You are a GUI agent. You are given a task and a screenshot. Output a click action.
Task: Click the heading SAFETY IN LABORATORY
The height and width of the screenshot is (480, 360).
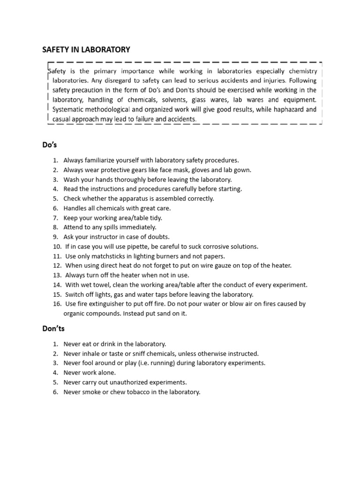pyautogui.click(x=86, y=49)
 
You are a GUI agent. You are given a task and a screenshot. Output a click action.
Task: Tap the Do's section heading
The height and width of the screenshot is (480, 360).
pyautogui.click(x=50, y=145)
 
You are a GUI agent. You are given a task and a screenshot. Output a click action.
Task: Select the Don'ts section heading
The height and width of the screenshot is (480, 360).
pyautogui.click(x=53, y=329)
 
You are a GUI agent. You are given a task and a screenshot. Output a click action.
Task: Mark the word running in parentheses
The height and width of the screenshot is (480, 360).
pyautogui.click(x=181, y=363)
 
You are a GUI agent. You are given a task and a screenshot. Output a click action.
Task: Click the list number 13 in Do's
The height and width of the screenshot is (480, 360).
pyautogui.click(x=57, y=275)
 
